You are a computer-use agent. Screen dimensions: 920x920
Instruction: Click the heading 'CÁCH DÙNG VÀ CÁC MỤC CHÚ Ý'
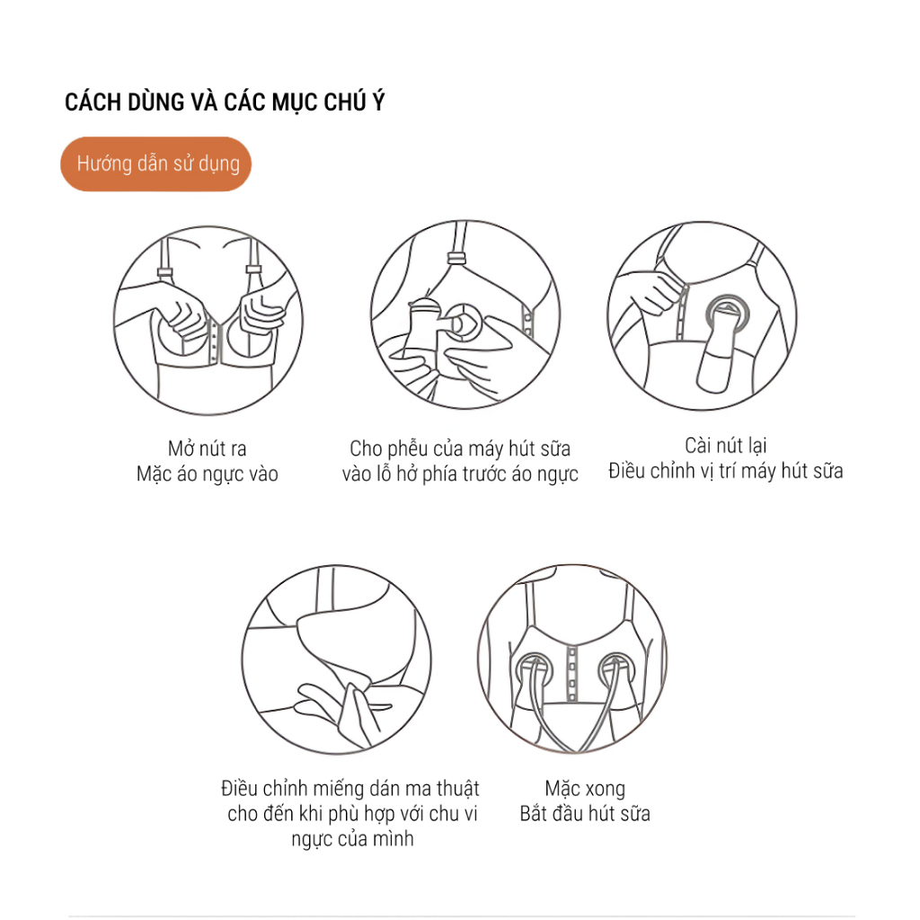pos(225,102)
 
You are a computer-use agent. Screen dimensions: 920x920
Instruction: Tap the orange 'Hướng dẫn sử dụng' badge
pos(156,164)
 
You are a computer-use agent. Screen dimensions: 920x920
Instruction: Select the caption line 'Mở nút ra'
pos(208,449)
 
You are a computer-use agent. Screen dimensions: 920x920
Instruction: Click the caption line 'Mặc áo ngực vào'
pos(208,474)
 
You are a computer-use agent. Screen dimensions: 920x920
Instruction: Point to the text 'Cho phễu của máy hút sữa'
pos(460,449)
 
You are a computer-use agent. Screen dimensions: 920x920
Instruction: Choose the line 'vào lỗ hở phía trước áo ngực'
pos(460,474)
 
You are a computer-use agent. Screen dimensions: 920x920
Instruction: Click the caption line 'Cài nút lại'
pos(726,446)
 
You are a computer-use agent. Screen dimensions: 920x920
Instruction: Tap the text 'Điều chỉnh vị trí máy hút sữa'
pos(726,471)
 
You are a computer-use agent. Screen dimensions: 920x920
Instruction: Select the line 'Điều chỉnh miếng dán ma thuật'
pos(350,788)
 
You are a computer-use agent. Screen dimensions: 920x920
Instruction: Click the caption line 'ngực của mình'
pos(352,839)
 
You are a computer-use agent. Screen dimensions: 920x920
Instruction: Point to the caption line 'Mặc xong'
pos(585,789)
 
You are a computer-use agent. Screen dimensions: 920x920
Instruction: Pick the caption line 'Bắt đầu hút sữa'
pos(585,814)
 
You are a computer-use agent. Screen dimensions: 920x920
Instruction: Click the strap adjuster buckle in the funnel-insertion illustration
pos(456,258)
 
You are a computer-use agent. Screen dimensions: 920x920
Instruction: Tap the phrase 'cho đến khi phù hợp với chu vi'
pos(352,814)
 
